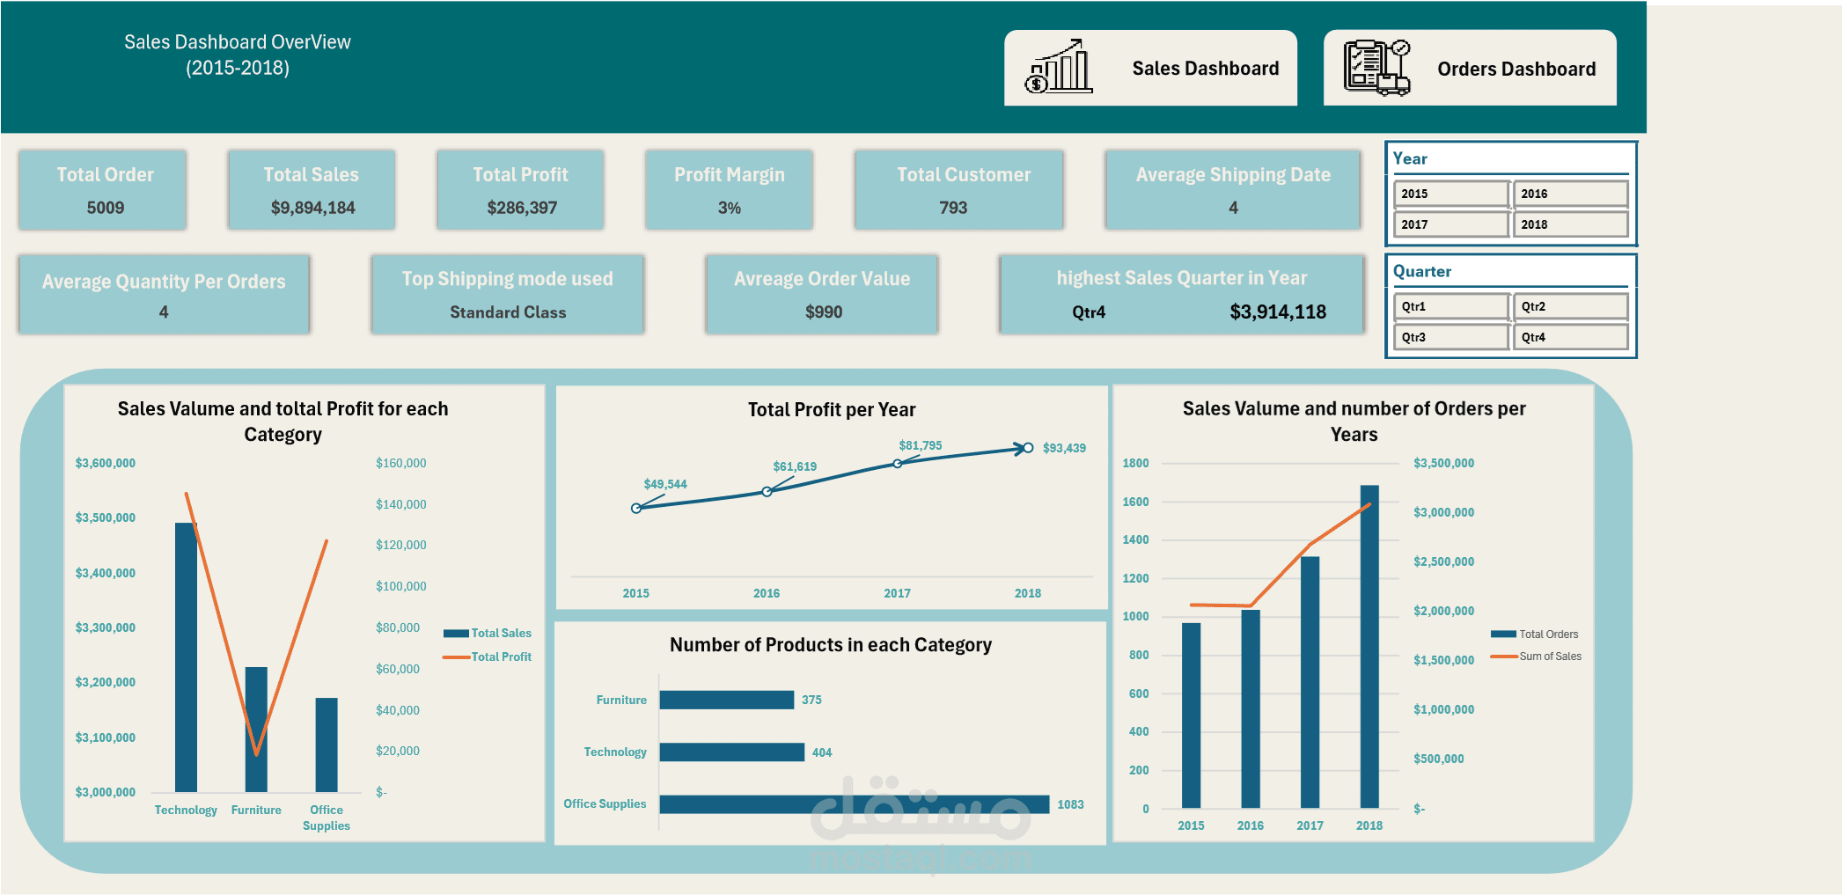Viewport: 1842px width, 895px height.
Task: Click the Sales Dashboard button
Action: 1150,68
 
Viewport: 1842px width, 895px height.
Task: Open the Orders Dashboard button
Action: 1470,68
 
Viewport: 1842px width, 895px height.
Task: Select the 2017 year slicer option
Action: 1450,224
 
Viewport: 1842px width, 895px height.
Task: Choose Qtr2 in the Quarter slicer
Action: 1570,306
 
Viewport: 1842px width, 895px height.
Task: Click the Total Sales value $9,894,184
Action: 312,208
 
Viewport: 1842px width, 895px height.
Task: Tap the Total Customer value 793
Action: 953,208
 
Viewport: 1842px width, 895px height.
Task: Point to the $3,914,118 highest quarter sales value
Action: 1278,312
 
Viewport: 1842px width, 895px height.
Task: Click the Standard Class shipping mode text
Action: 508,312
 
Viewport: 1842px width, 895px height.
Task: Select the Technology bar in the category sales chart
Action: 186,657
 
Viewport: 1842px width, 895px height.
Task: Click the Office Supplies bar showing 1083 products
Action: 854,804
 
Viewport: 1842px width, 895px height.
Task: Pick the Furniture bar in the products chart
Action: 726,700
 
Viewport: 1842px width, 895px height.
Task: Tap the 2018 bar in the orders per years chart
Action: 1369,646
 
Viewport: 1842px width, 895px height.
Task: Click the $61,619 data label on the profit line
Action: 795,466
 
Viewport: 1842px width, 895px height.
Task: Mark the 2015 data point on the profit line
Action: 636,508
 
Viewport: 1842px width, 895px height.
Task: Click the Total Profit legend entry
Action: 500,657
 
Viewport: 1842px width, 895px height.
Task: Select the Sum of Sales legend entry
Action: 1549,657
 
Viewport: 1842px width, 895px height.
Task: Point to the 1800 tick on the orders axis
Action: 1135,463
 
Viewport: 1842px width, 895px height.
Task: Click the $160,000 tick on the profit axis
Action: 400,463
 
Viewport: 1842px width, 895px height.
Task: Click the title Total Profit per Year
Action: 832,409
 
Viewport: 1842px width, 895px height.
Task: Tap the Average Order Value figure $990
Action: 824,312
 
